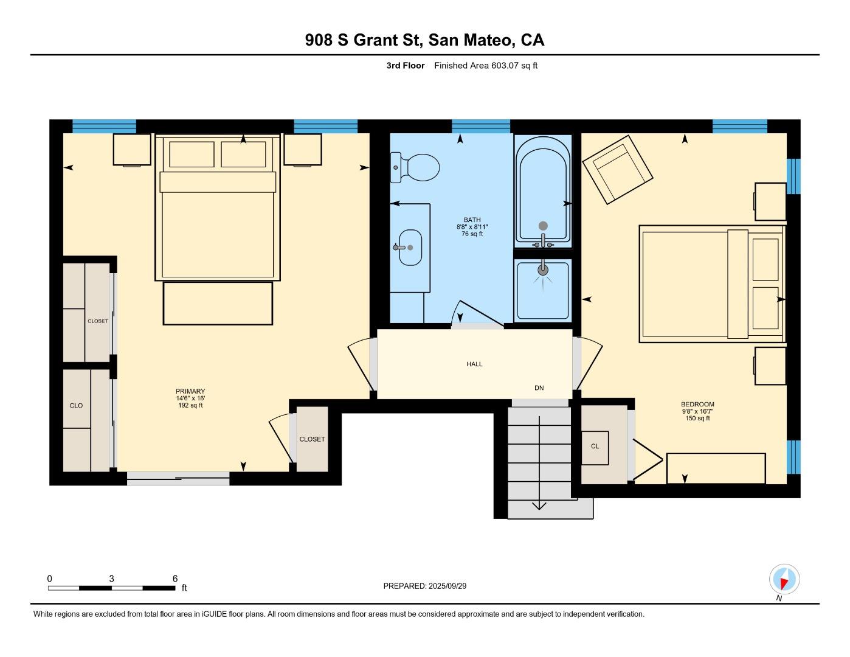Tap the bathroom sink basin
410,248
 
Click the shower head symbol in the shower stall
543,269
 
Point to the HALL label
474,364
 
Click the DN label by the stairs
539,388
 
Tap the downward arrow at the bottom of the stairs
539,505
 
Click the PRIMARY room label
190,392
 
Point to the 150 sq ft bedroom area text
697,419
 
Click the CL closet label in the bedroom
595,447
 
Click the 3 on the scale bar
111,579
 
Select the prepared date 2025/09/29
447,586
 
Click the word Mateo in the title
486,40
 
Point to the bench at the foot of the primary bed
218,303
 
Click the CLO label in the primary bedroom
76,406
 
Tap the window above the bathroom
480,127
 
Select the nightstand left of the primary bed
132,150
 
